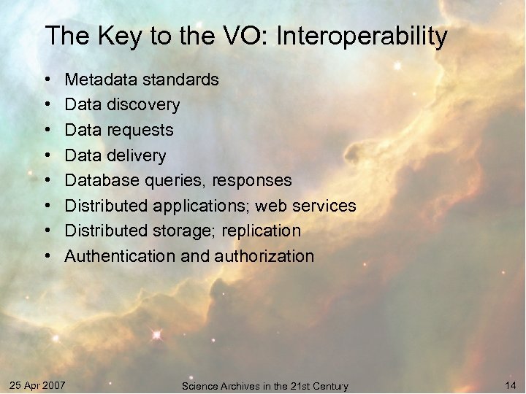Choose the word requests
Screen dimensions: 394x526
coord(140,131)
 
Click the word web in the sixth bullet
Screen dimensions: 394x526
coord(271,206)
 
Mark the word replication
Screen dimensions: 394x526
coord(262,231)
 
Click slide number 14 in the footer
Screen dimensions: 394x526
coord(510,384)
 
